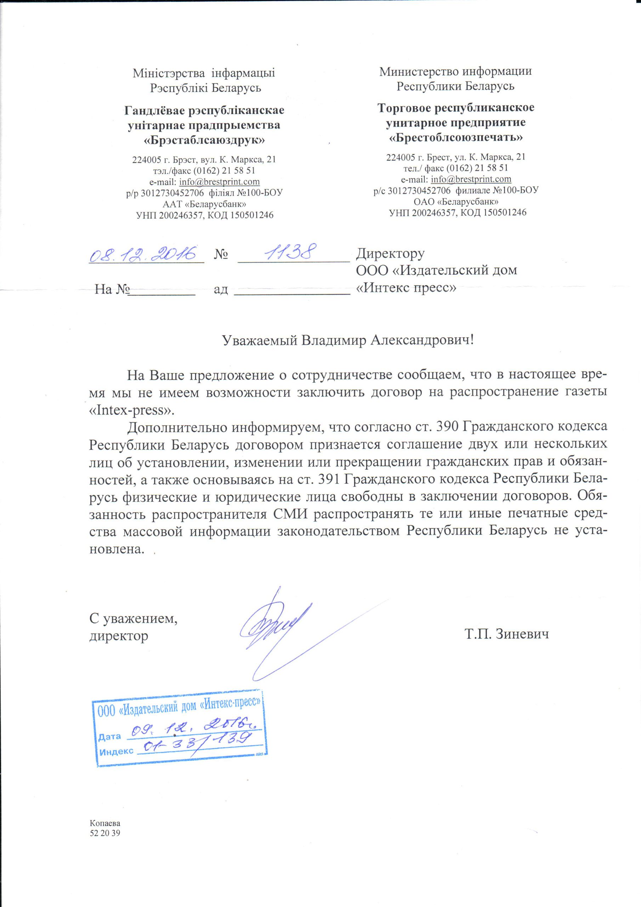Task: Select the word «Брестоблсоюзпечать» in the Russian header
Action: pyautogui.click(x=456, y=137)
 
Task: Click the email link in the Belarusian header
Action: pyautogui.click(x=219, y=182)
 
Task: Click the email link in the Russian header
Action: pyautogui.click(x=471, y=179)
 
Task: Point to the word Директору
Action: pyautogui.click(x=390, y=253)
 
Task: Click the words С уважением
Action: pyautogui.click(x=133, y=618)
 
